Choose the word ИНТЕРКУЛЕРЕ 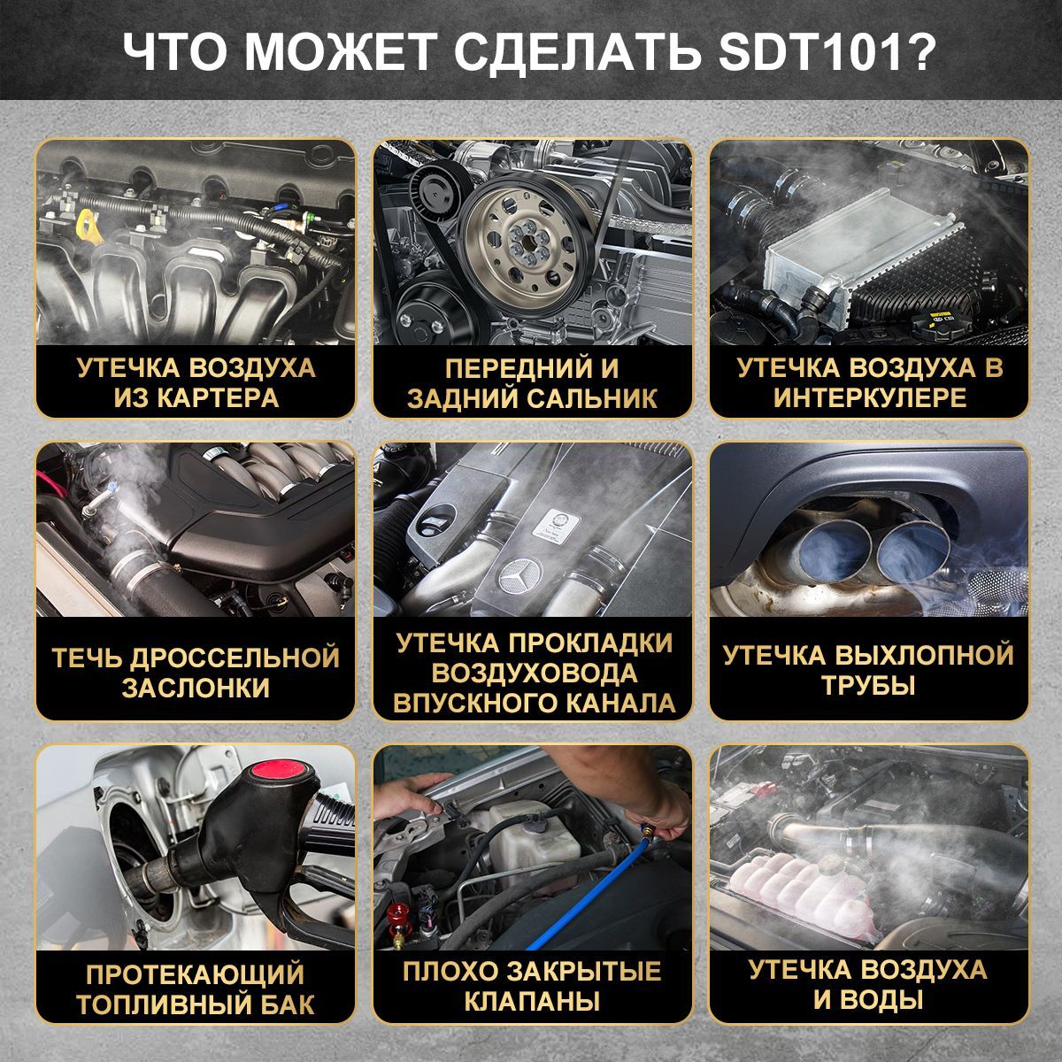[x=870, y=397]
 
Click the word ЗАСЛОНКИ [x=196, y=689]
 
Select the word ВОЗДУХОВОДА [x=534, y=673]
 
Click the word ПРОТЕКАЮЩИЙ [x=196, y=975]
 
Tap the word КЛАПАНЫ [x=532, y=1002]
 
